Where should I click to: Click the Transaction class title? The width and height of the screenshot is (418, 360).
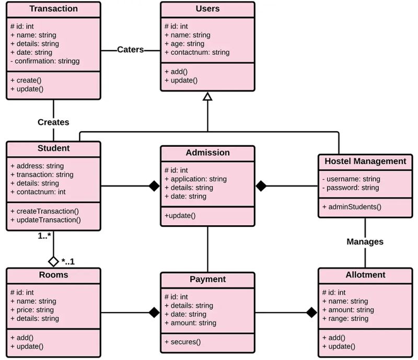(53, 9)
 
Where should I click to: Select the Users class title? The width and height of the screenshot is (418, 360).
(207, 9)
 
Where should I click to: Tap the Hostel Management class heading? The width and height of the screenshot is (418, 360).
(365, 161)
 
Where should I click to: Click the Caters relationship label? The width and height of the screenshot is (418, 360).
(130, 50)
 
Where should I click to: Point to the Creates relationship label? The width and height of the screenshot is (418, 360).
(53, 122)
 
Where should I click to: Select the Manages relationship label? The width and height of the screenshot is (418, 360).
(365, 241)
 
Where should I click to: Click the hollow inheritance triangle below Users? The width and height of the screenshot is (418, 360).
(207, 96)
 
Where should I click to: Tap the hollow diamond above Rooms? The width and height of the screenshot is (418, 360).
(53, 261)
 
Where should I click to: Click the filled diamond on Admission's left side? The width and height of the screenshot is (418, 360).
(153, 185)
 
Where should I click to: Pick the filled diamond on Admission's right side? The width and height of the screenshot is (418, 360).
(261, 185)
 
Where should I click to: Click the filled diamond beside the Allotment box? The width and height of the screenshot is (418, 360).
(311, 312)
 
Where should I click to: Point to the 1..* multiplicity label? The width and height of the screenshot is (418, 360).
(44, 236)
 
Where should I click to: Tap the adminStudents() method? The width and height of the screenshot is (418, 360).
(352, 206)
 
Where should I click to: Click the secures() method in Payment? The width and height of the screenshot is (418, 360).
(182, 342)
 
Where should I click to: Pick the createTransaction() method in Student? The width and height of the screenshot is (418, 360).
(44, 211)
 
